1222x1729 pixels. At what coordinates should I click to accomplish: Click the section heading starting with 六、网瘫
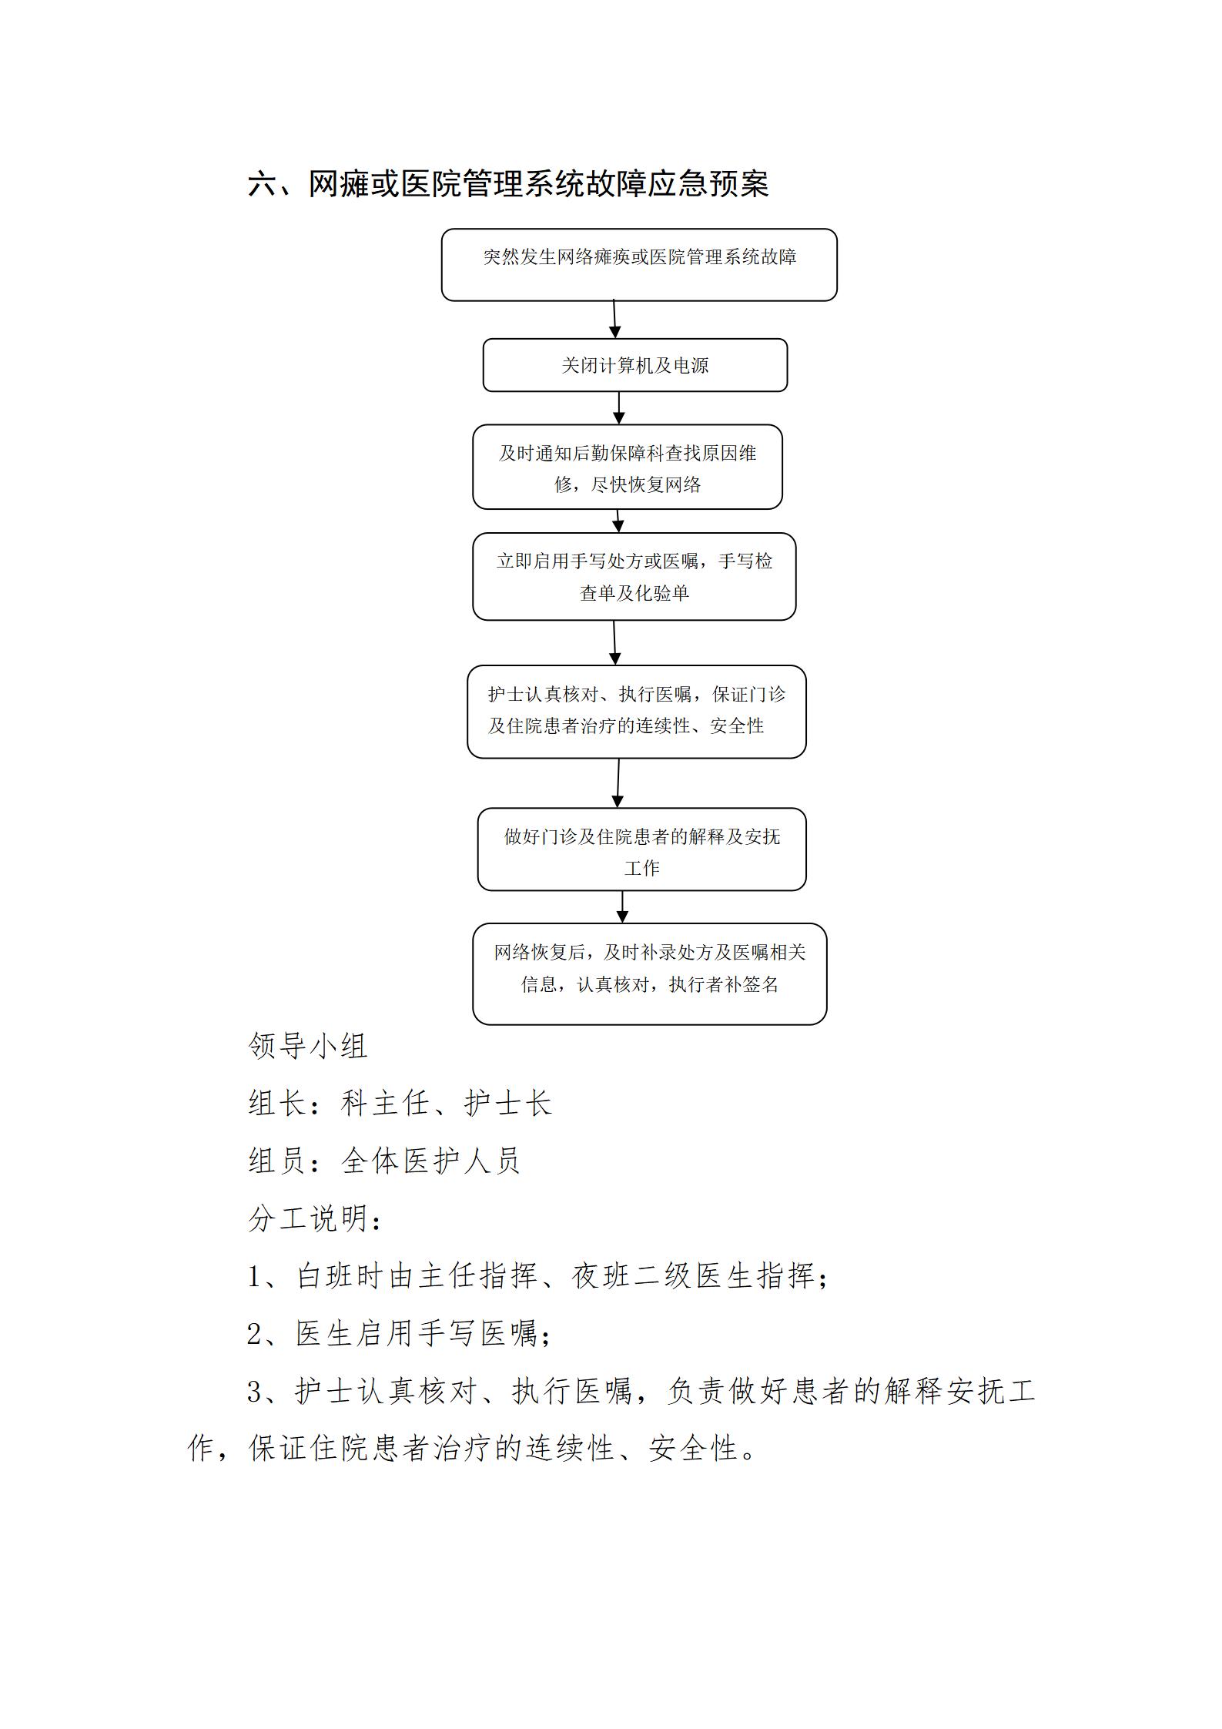(508, 184)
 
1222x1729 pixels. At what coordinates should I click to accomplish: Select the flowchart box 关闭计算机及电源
(635, 365)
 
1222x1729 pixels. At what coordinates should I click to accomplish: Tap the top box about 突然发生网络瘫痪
(639, 264)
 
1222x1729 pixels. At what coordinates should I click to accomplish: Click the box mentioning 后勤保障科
(628, 467)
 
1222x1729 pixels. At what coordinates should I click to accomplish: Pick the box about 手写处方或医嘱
(634, 576)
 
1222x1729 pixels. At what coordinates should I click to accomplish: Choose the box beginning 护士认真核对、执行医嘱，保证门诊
(637, 712)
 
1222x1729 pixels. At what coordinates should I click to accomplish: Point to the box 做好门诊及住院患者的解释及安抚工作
(642, 849)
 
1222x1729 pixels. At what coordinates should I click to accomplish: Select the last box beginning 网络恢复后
(650, 974)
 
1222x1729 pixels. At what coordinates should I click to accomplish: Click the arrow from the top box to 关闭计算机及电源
(614, 320)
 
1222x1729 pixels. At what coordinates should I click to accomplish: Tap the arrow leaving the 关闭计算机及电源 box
(619, 408)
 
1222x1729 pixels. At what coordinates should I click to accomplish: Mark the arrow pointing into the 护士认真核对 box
(614, 643)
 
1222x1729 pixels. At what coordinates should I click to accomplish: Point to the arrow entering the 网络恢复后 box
(622, 907)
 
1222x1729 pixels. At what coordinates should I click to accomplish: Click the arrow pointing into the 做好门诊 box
(618, 783)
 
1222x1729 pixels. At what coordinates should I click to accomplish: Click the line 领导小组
(308, 1046)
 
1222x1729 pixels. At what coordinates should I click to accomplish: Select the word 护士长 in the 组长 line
(509, 1103)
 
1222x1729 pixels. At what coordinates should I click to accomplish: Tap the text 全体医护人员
(431, 1161)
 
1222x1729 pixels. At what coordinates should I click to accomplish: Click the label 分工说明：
(315, 1218)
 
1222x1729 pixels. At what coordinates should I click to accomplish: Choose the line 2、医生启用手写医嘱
(400, 1334)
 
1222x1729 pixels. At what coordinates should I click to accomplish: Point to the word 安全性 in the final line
(693, 1449)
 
